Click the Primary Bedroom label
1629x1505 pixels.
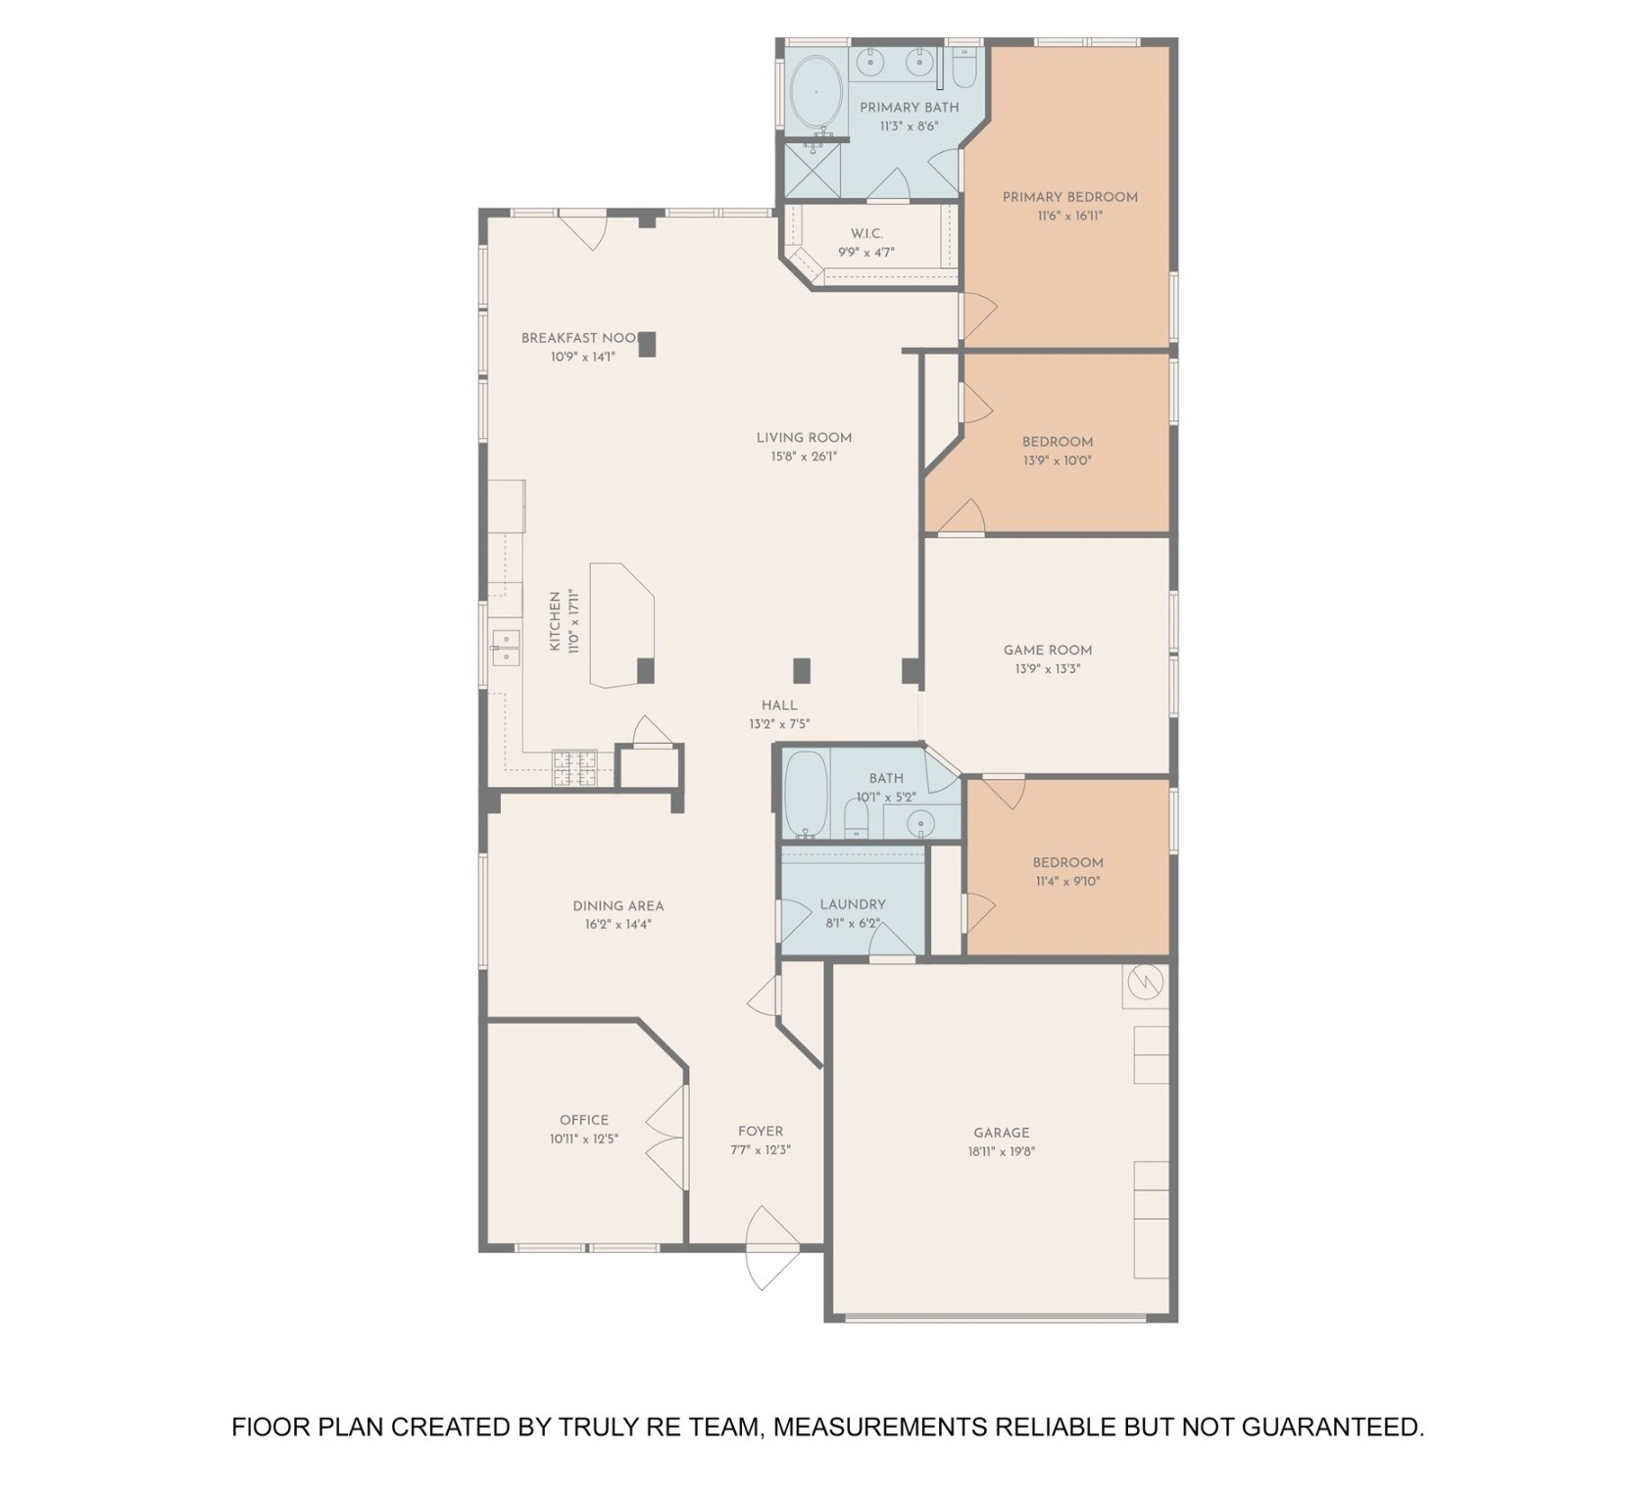1069,197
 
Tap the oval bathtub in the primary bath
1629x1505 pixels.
815,92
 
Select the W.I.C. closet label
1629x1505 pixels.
866,233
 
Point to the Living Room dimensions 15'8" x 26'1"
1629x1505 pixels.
804,457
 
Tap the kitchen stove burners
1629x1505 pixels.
573,767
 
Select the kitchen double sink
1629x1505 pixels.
505,648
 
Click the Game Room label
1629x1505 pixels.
1047,650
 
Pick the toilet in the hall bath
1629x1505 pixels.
856,819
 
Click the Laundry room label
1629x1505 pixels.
853,904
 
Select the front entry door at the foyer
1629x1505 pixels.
771,1248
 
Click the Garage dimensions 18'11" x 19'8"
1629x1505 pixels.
1001,1151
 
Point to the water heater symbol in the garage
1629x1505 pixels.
1145,982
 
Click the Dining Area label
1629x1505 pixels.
617,905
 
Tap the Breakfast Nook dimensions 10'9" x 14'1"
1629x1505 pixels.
582,358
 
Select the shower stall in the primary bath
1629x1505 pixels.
812,170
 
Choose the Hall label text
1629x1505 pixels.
779,705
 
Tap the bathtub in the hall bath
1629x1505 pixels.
806,795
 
